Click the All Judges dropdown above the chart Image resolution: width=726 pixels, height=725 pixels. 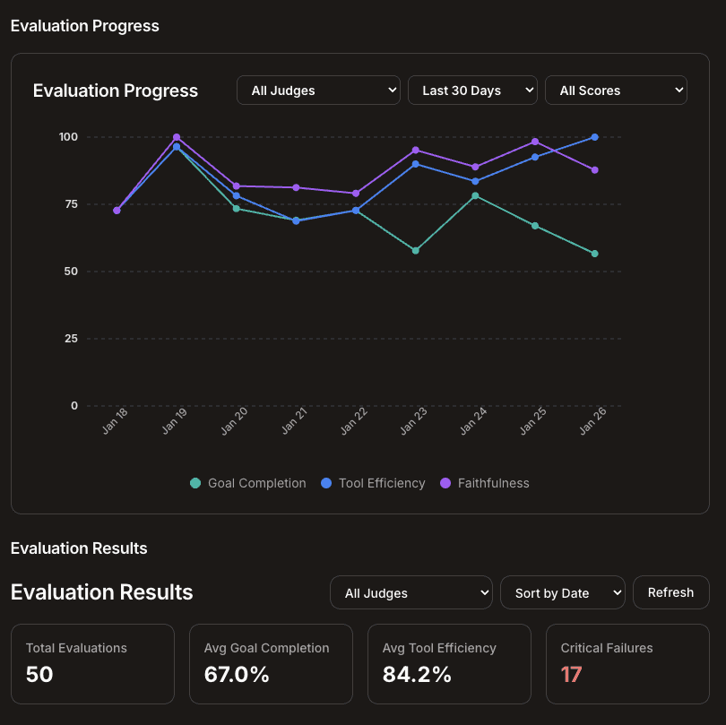point(318,91)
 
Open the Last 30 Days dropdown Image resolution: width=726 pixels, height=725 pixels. point(472,91)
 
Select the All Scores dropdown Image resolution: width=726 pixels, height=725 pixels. point(616,91)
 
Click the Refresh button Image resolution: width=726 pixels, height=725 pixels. point(670,592)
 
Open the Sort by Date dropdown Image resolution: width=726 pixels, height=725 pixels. point(563,593)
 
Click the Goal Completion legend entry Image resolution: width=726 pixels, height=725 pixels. point(248,483)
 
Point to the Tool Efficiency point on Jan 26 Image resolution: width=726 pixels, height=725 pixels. point(595,137)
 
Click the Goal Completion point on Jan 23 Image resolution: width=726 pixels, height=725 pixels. point(416,250)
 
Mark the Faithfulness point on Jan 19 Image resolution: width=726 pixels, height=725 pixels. point(177,137)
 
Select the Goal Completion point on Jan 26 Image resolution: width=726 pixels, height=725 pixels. point(595,254)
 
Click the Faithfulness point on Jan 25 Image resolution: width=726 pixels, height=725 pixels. point(535,142)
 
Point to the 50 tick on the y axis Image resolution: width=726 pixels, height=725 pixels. point(70,272)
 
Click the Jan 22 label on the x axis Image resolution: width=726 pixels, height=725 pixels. point(354,420)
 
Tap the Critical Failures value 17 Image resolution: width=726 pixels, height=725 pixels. point(571,675)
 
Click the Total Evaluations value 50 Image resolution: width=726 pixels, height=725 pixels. point(39,675)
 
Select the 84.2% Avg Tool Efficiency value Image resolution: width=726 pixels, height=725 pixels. point(417,675)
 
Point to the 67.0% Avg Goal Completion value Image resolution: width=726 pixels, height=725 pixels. point(237,675)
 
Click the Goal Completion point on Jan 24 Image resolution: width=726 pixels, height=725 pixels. point(475,195)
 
